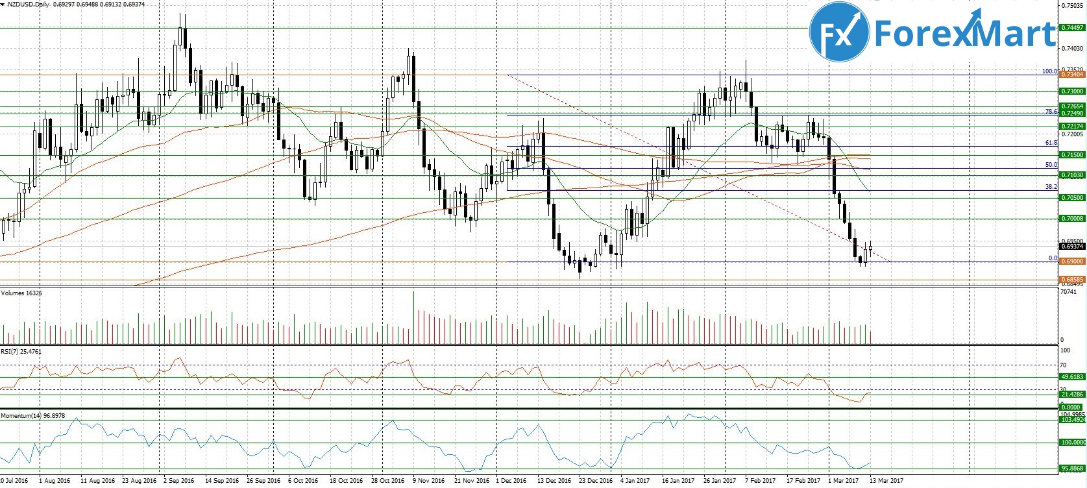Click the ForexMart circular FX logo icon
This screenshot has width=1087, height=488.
pyautogui.click(x=839, y=32)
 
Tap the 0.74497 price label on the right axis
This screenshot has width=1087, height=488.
pyautogui.click(x=1071, y=28)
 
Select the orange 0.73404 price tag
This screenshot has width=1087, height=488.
pyautogui.click(x=1071, y=75)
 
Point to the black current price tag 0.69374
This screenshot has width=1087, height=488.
pyautogui.click(x=1071, y=247)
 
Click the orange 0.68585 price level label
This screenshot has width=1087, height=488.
pyautogui.click(x=1071, y=280)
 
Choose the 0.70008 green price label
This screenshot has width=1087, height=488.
pyautogui.click(x=1071, y=219)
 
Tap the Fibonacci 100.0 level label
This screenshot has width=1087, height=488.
pyautogui.click(x=1049, y=71)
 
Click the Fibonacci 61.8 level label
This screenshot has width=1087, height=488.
pyautogui.click(x=1051, y=143)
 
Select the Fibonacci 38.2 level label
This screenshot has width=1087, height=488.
pyautogui.click(x=1051, y=187)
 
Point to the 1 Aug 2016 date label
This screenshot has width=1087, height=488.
pyautogui.click(x=55, y=481)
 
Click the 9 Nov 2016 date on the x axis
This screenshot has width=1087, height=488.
pyautogui.click(x=429, y=481)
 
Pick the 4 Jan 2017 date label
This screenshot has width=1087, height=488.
pyautogui.click(x=635, y=481)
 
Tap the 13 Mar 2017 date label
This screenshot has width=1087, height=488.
pyautogui.click(x=886, y=481)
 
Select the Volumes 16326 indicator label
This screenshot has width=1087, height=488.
pyautogui.click(x=21, y=293)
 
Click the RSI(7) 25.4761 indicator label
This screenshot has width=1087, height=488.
pyautogui.click(x=21, y=351)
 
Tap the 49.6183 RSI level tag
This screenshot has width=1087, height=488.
pyautogui.click(x=1071, y=376)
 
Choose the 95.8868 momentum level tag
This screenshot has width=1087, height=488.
pyautogui.click(x=1071, y=468)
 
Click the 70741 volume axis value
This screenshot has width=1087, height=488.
pyautogui.click(x=1068, y=293)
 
